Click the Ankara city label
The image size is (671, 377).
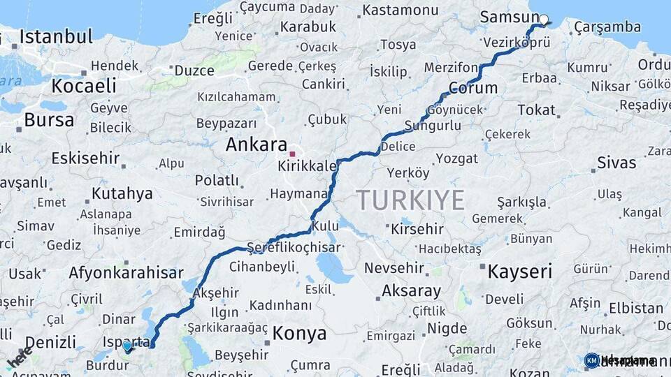256,145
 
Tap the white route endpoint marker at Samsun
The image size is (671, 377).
544,20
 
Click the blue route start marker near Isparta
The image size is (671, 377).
127,346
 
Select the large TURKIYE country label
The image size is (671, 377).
410,200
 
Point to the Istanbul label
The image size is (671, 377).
56,37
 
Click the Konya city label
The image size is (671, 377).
299,333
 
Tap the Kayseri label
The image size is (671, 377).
519,272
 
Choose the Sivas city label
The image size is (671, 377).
616,163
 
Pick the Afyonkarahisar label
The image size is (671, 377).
126,273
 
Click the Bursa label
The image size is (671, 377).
49,120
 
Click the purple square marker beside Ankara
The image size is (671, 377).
293,154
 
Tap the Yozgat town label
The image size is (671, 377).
457,158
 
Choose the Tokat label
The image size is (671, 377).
537,110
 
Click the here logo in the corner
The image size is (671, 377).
20,357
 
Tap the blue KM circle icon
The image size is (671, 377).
591,360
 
